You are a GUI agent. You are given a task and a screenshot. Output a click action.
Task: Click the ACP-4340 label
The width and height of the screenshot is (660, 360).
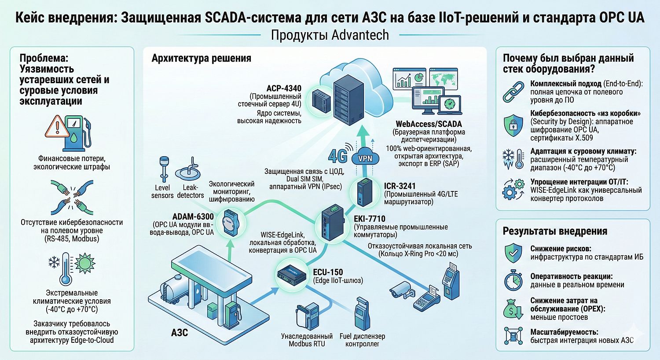[x=284, y=88]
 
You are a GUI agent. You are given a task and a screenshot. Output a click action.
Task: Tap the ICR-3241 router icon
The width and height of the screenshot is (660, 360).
[x=364, y=192]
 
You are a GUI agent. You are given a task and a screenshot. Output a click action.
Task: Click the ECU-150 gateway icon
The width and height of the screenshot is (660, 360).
[x=291, y=275]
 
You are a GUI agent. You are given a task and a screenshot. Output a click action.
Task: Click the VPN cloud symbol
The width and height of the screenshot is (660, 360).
[x=365, y=158]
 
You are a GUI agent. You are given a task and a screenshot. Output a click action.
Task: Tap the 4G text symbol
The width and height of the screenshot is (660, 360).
[x=337, y=156]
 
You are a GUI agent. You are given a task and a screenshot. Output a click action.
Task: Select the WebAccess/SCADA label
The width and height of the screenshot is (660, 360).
[x=429, y=124]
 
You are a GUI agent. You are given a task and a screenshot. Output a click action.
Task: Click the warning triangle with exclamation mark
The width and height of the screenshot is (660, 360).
[x=56, y=127]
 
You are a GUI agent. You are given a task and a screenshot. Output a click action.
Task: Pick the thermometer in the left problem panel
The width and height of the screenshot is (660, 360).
[x=66, y=268]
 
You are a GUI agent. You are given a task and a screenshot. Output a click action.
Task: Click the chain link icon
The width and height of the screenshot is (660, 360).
[x=513, y=92]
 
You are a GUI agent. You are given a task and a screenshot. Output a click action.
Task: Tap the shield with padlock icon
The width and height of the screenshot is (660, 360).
[x=513, y=125]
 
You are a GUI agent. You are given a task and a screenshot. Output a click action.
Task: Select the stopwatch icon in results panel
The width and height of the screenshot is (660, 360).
[x=513, y=280]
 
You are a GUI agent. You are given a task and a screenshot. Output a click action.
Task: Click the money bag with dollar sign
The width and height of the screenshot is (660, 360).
[x=513, y=309]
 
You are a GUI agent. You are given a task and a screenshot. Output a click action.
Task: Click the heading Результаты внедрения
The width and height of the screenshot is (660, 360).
[x=555, y=231]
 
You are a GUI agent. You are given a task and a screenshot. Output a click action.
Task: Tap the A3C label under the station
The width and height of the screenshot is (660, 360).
[x=179, y=332]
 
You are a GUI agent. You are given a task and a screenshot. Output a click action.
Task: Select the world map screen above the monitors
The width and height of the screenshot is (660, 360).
[x=443, y=78]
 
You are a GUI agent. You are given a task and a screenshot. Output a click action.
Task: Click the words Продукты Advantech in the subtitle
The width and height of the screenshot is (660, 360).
[x=330, y=35]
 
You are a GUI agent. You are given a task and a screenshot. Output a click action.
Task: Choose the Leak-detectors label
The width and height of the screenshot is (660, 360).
[x=190, y=191]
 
